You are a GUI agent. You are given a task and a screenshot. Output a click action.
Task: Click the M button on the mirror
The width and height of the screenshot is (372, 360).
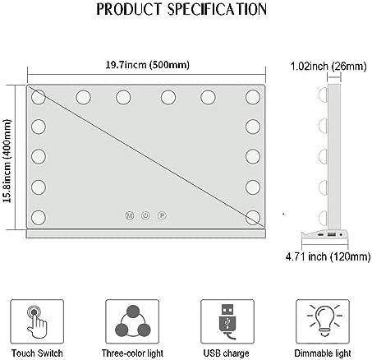pos(130,215)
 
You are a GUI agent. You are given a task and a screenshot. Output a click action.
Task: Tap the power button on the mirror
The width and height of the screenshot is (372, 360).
pos(145,215)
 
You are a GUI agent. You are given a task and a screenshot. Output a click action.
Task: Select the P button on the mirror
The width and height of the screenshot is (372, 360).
pos(162,215)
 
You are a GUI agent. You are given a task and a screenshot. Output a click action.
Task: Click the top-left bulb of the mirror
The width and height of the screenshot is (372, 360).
pos(39,97)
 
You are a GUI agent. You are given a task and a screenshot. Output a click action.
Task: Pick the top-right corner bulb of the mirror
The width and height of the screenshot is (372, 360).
pos(253,97)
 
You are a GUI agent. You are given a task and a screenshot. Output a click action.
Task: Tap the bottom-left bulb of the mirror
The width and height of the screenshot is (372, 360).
pos(39,218)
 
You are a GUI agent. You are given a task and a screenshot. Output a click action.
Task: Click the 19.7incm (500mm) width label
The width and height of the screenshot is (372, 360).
pos(147,65)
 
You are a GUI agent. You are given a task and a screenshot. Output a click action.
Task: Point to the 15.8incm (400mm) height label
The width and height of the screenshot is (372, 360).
pos(7,161)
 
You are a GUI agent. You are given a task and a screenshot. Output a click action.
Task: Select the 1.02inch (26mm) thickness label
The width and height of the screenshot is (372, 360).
pos(328,67)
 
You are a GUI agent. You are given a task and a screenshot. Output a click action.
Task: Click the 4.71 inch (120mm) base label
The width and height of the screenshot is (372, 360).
pos(328,256)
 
